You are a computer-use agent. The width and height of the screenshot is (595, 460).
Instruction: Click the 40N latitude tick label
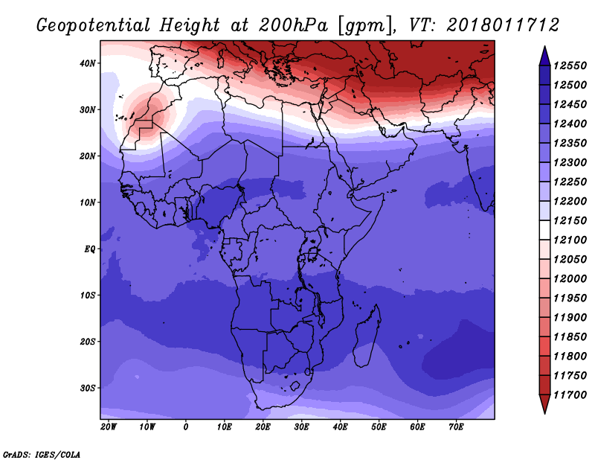[89, 63]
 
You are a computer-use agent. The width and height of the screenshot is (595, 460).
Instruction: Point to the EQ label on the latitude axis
[89, 249]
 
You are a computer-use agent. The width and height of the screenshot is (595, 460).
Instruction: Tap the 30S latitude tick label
[89, 388]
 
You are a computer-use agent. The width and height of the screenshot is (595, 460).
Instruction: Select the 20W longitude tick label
[108, 427]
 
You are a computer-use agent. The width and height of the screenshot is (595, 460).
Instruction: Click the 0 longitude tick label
[186, 427]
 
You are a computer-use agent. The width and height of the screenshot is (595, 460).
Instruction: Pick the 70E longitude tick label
[457, 427]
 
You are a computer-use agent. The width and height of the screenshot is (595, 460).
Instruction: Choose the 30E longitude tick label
[302, 427]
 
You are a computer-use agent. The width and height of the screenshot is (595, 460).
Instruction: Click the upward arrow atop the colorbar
[544, 54]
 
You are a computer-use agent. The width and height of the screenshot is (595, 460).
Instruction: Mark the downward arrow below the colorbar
[544, 404]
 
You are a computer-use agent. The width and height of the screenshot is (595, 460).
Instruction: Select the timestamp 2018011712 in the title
[503, 25]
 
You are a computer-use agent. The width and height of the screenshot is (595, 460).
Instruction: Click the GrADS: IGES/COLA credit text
[42, 453]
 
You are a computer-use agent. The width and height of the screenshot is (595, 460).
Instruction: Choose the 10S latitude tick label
[89, 296]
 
